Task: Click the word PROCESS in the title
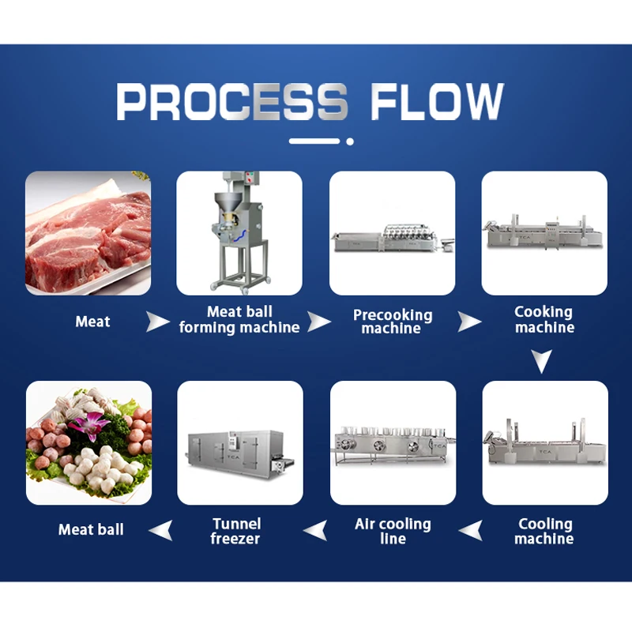(x=232, y=102)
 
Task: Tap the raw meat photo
(x=88, y=233)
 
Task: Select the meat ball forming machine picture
(x=239, y=233)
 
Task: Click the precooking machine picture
(x=392, y=233)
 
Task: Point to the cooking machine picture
(x=544, y=233)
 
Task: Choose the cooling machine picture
(x=545, y=442)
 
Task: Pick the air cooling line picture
(x=393, y=442)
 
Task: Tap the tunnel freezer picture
(x=240, y=442)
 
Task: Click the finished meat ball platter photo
(x=88, y=442)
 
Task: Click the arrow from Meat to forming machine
(x=158, y=322)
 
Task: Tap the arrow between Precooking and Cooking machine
(x=470, y=322)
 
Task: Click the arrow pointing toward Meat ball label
(x=160, y=531)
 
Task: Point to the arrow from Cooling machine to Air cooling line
(x=471, y=531)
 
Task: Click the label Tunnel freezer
(x=235, y=531)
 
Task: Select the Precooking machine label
(x=393, y=322)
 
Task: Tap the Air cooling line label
(x=393, y=531)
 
